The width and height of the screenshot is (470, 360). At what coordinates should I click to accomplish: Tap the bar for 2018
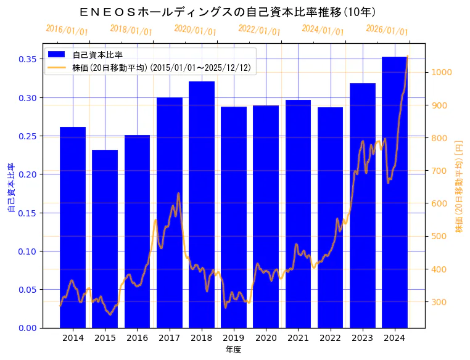click(x=201, y=204)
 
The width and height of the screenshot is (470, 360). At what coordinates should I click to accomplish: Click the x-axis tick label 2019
click(x=233, y=338)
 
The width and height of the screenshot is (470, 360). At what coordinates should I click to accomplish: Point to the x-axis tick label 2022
click(x=330, y=338)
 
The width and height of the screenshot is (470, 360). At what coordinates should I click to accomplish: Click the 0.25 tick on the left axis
click(x=27, y=136)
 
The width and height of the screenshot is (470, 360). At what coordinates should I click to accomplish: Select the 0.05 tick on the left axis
click(x=27, y=290)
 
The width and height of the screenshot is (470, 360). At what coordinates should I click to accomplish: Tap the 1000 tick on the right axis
click(x=443, y=72)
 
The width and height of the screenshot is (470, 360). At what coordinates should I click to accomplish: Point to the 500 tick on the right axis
click(x=440, y=236)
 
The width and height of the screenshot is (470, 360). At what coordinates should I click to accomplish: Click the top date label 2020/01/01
click(x=195, y=30)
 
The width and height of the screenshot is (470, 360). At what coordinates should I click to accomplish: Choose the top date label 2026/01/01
click(x=387, y=30)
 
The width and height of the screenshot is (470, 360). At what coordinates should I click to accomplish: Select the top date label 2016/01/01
click(x=67, y=30)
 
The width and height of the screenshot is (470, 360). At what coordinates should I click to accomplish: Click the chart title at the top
click(x=228, y=12)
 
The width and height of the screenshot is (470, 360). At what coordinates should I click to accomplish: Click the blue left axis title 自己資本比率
click(x=11, y=188)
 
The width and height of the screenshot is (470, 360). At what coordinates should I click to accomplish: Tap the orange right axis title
click(x=458, y=186)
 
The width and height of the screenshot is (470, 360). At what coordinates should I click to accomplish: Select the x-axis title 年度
click(x=233, y=350)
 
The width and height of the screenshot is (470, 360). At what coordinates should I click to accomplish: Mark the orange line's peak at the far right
click(x=407, y=57)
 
